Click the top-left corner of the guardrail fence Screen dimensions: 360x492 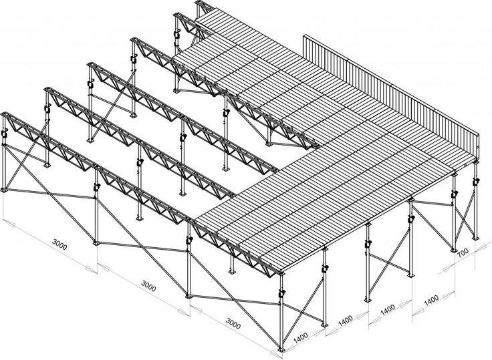(305, 35)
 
